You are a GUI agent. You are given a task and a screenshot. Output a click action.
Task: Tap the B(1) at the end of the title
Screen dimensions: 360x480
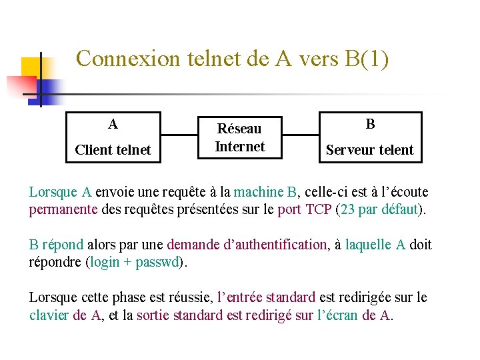(x=366, y=59)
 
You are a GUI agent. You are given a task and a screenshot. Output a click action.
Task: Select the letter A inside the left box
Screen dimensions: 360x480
(x=113, y=124)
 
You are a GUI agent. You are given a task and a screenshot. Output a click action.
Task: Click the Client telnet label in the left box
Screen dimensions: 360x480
(x=113, y=150)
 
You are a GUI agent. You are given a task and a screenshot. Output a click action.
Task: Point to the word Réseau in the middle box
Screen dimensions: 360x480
(x=239, y=129)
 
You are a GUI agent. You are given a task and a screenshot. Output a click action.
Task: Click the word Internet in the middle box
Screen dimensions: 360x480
(x=239, y=147)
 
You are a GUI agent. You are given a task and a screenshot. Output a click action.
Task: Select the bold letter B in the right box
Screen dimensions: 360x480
(x=370, y=124)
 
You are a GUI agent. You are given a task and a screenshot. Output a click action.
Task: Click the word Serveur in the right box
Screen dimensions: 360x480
(x=349, y=150)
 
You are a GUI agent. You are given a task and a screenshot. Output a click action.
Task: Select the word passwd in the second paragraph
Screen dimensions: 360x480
(x=157, y=262)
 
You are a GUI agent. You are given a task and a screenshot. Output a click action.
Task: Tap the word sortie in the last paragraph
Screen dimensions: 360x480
(x=153, y=315)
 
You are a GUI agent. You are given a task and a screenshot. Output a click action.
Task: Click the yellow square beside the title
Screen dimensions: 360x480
(x=31, y=67)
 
